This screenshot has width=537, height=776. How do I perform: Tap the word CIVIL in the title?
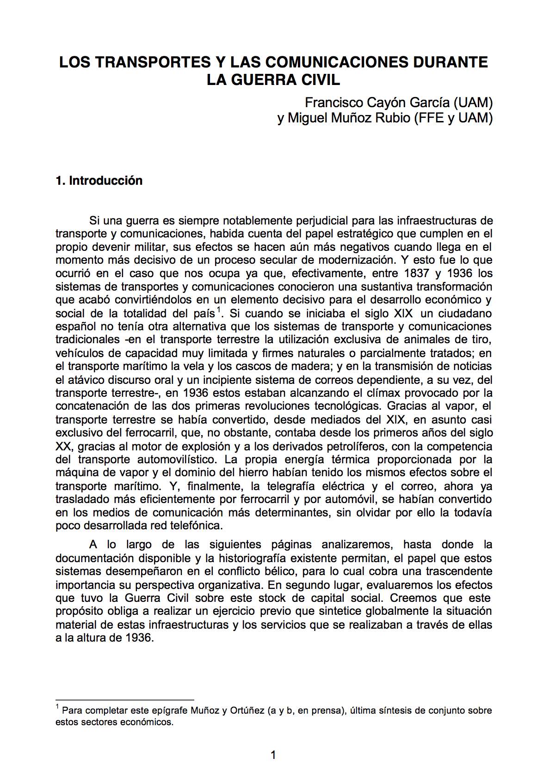tap(320, 79)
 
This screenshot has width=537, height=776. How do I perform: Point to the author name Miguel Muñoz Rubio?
tap(349, 118)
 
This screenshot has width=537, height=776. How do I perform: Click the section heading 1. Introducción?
tap(99, 180)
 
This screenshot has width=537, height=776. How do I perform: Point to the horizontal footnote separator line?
tap(124, 700)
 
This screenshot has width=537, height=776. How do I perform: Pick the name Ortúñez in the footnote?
tap(247, 710)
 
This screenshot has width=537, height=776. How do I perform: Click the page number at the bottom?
tap(273, 755)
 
